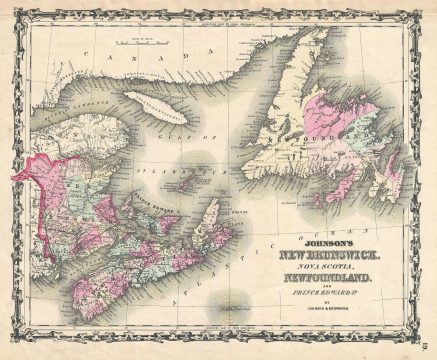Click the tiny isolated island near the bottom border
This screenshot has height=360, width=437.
(x=233, y=313)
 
